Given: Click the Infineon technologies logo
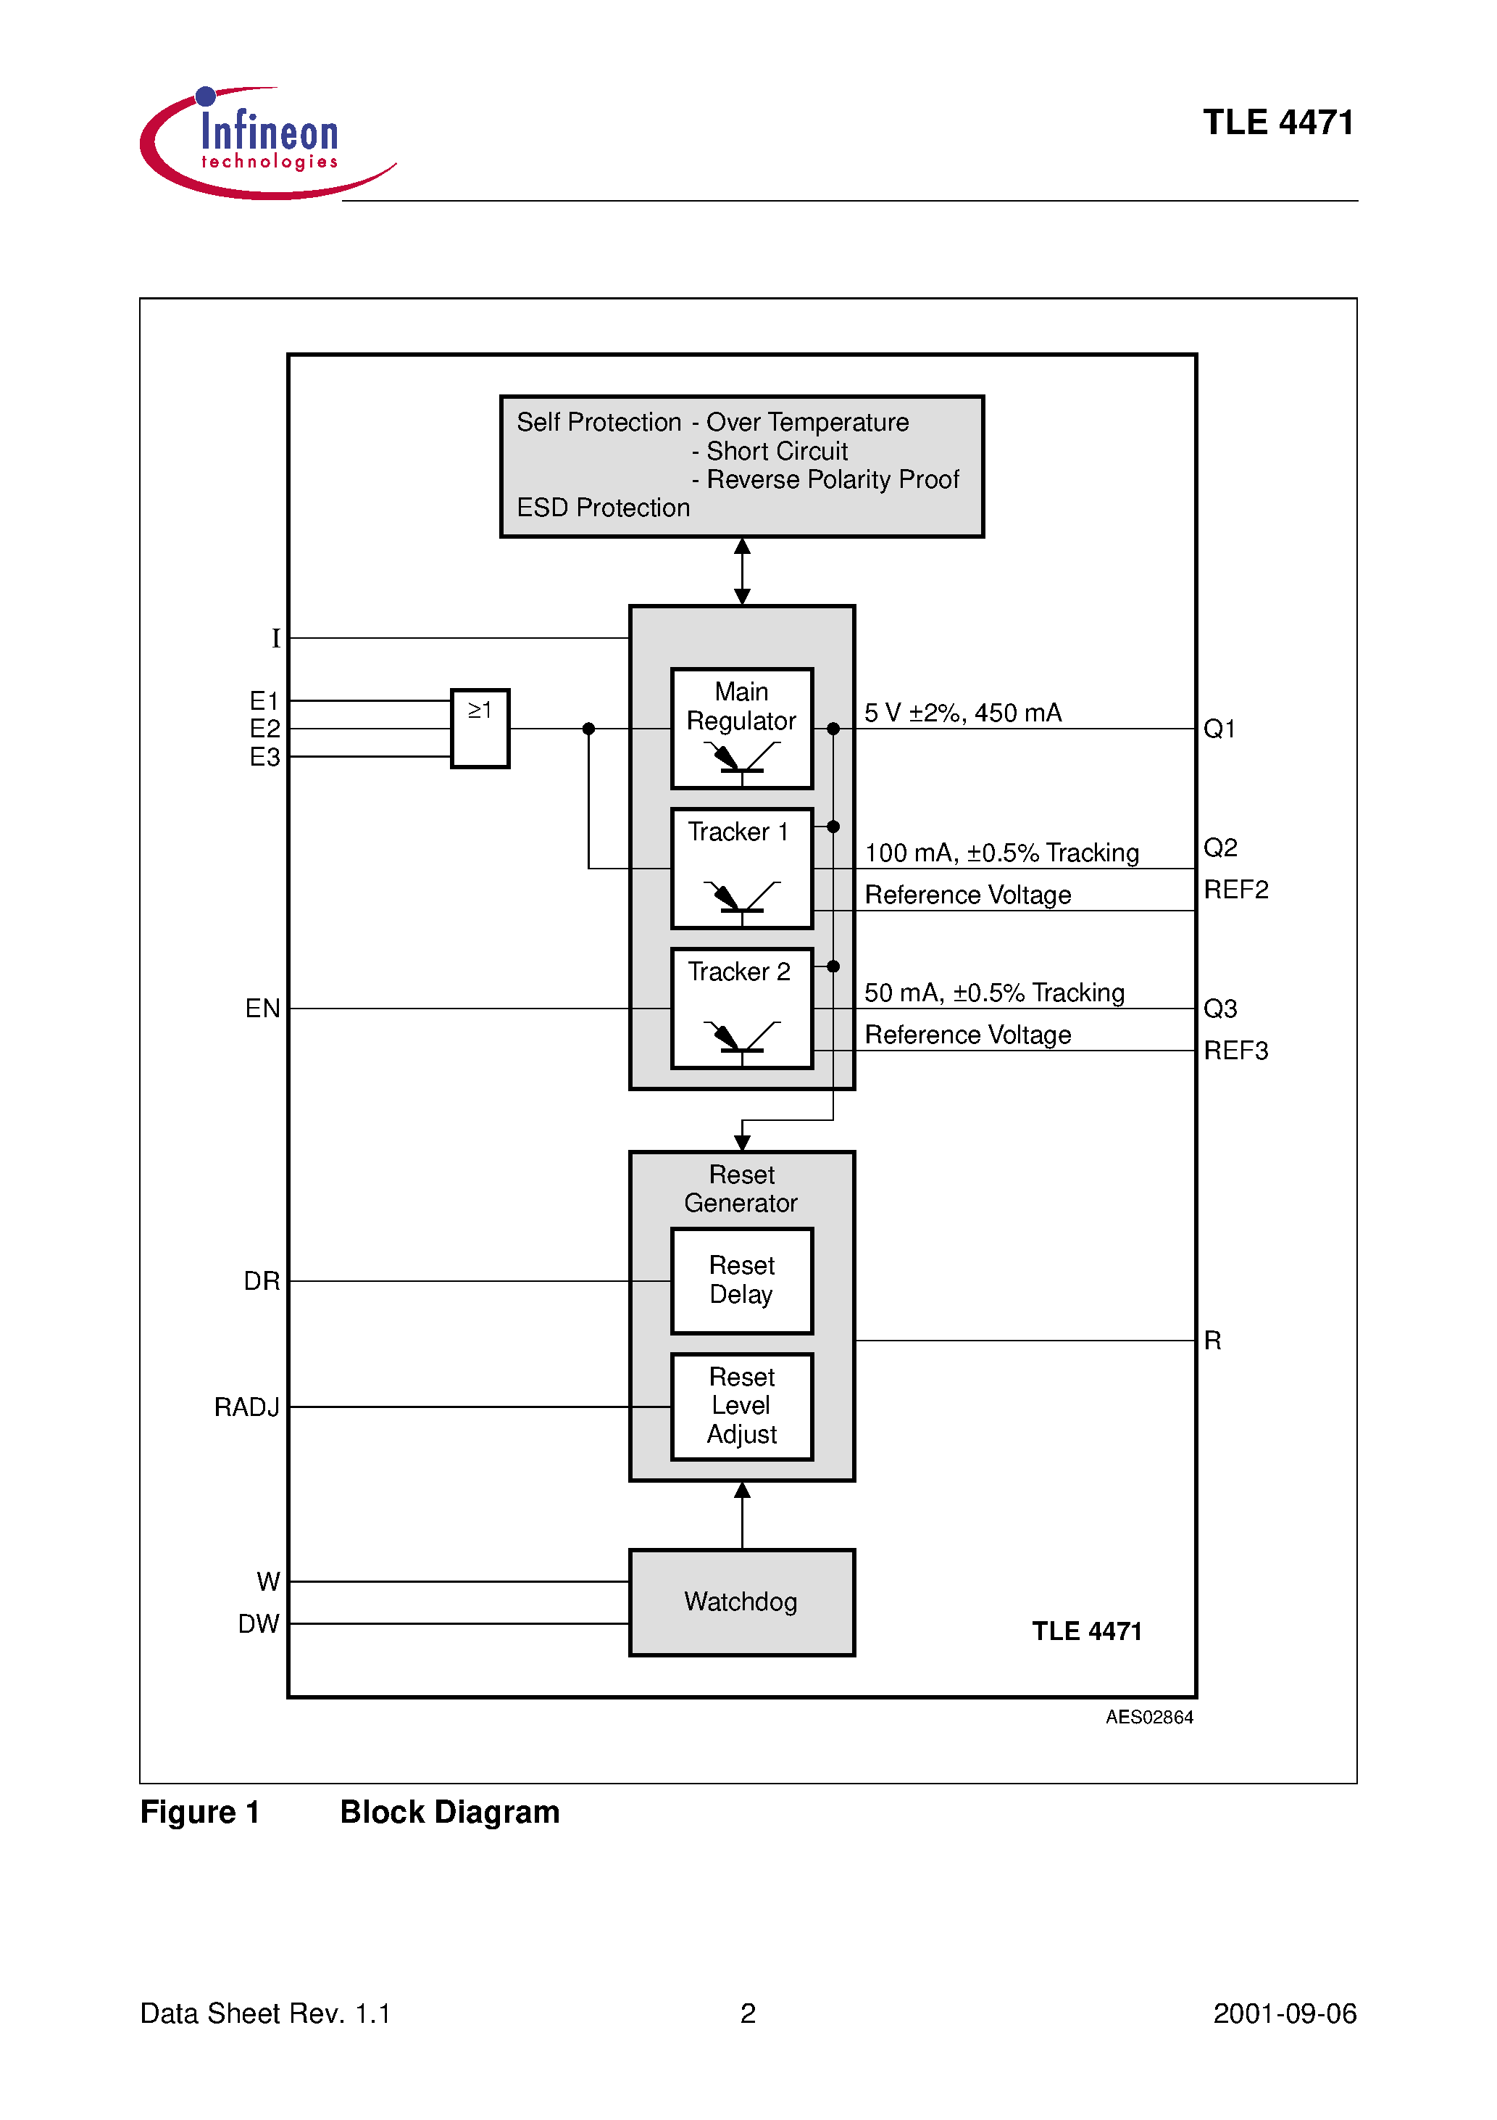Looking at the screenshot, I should coord(267,142).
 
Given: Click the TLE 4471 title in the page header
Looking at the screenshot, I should coord(1277,122).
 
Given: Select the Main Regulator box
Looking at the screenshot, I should coord(741,728).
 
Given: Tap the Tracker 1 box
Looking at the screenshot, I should coord(741,868).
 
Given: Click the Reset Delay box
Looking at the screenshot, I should coord(741,1280).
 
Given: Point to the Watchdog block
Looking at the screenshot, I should coord(741,1602).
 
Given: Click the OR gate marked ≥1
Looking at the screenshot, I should coord(480,728).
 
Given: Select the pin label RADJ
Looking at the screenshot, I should coord(246,1407).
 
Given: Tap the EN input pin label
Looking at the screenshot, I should coord(262,1009).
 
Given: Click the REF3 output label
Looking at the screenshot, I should coord(1236,1051).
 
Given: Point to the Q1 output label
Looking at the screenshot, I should coord(1219,729).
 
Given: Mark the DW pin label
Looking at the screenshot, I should coord(259,1624).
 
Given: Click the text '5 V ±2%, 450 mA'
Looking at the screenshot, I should coord(963,713).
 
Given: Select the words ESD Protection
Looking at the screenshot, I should coord(603,508).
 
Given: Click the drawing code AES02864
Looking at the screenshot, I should coord(1149,1718).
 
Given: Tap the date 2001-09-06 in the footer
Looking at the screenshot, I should coord(1284,2014).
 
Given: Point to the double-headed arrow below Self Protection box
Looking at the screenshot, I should coord(742,571).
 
